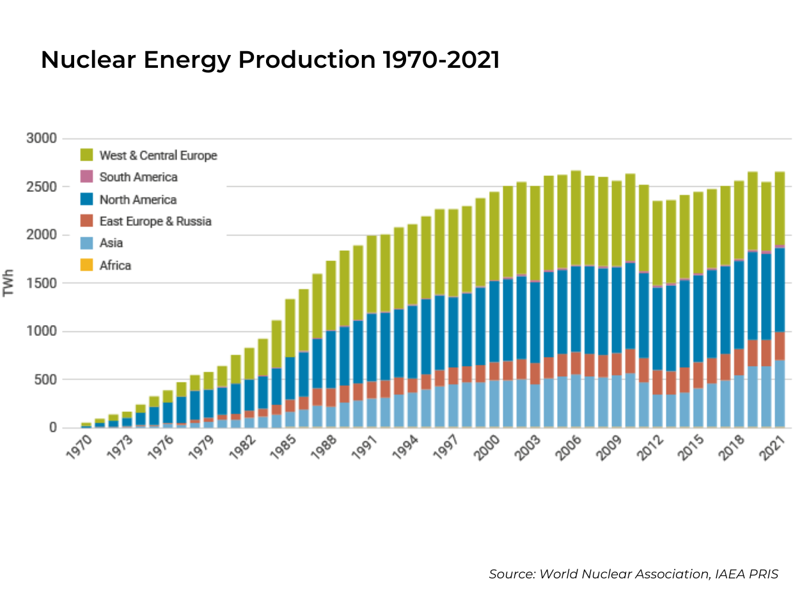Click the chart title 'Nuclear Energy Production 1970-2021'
click(x=270, y=60)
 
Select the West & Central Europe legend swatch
click(x=87, y=155)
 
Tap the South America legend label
click(x=138, y=177)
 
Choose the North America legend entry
click(x=137, y=200)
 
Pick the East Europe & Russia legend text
click(x=155, y=221)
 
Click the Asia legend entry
click(x=111, y=243)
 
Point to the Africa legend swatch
click(x=87, y=265)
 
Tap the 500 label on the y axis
click(x=46, y=379)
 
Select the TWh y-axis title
click(x=9, y=283)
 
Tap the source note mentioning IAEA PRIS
click(x=633, y=574)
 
